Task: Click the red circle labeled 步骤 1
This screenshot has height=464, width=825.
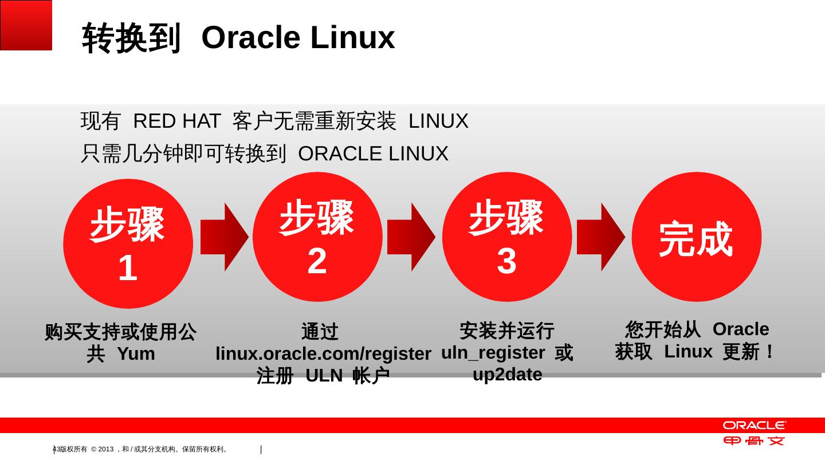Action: [x=128, y=244]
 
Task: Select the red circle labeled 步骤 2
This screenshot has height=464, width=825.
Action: [x=317, y=237]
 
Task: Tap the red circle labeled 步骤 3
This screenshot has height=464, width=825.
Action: [x=507, y=237]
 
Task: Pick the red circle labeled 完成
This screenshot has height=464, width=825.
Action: [x=697, y=237]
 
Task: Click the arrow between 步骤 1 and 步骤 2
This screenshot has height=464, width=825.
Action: [x=224, y=237]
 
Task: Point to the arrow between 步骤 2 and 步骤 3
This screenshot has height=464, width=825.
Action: [x=411, y=237]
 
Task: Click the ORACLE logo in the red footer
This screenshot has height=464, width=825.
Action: [x=754, y=426]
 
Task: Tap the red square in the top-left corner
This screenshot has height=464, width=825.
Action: [x=26, y=25]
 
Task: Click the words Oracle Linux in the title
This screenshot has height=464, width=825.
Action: [x=298, y=38]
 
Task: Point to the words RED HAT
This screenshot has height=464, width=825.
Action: [x=176, y=121]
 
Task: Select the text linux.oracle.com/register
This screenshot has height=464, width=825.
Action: [x=323, y=353]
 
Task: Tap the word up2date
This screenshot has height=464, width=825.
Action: [x=507, y=375]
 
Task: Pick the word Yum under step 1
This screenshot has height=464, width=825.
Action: [x=136, y=354]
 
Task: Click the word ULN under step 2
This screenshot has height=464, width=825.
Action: [x=324, y=376]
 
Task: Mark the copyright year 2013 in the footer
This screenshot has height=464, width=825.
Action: [x=107, y=450]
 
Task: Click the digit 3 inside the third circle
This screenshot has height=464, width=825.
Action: [x=507, y=261]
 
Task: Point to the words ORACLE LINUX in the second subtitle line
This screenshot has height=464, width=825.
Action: [x=373, y=154]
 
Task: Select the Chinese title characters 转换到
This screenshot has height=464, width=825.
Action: [x=131, y=38]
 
